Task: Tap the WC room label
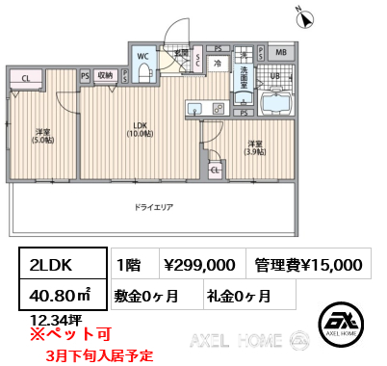click(143, 56)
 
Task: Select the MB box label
click(280, 53)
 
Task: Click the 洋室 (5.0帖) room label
click(42, 135)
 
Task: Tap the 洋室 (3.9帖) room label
click(254, 148)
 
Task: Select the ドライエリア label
click(155, 205)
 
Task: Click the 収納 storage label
click(105, 74)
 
